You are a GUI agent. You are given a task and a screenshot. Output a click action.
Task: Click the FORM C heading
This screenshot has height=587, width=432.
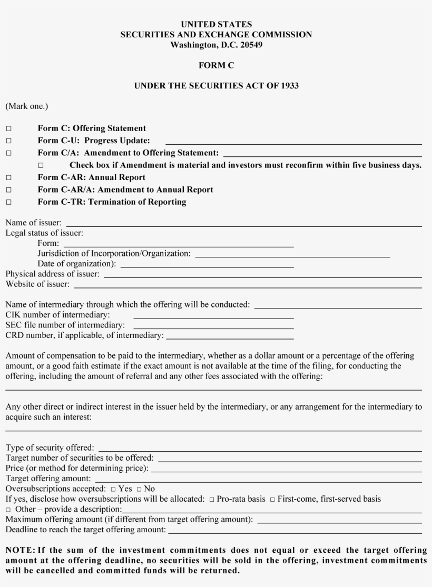pos(216,65)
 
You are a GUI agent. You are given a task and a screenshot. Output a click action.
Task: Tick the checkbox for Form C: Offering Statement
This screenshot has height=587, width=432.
pos(9,128)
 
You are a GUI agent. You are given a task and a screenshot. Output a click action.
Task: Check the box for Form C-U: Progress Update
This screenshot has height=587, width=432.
pos(9,141)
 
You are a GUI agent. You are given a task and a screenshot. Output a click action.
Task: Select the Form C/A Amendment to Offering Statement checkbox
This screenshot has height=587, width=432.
pos(9,153)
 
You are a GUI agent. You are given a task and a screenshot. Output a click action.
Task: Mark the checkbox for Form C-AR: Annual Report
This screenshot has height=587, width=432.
pos(9,178)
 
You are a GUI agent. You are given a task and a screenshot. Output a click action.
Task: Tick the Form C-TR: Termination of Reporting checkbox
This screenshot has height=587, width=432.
pos(9,202)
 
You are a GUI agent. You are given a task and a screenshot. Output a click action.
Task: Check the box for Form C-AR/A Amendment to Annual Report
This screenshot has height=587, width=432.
pos(9,190)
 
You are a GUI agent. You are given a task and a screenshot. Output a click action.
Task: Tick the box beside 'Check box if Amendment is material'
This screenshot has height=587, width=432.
pos(41,166)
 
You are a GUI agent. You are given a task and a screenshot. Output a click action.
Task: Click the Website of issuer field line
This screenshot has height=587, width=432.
pos(248,286)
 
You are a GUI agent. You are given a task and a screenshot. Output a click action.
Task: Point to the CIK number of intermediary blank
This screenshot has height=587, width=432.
pos(213,317)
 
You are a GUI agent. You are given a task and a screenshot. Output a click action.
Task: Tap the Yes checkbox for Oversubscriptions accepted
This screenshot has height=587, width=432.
pos(113,490)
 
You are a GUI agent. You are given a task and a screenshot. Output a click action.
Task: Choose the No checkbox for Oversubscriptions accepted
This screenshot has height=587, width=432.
pos(139,490)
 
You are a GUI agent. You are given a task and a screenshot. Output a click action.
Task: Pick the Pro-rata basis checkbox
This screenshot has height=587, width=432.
pos(212,499)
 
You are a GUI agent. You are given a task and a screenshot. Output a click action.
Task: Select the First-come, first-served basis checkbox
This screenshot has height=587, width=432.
pos(272,499)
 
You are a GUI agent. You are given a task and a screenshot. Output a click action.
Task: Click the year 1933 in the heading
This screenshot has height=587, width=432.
pos(289,85)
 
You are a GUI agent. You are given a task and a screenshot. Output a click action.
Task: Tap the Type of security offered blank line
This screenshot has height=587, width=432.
pos(260,450)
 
